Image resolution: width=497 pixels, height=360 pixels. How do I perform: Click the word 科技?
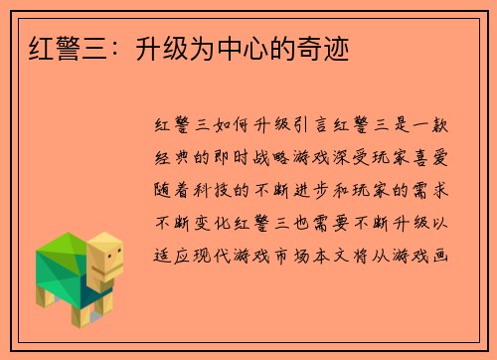tap(218, 185)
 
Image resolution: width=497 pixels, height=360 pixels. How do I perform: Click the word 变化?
tap(217, 214)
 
